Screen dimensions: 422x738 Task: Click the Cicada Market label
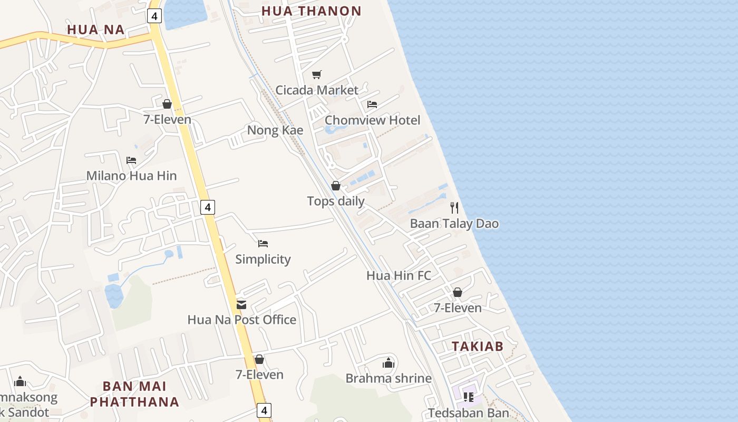pyautogui.click(x=317, y=90)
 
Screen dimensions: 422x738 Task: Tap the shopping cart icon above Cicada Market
pyautogui.click(x=316, y=74)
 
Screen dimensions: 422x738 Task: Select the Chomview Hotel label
pyautogui.click(x=372, y=120)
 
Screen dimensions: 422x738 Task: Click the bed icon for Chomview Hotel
pyautogui.click(x=372, y=104)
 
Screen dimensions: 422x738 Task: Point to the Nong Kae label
pyautogui.click(x=275, y=130)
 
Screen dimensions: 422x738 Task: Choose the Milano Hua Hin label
pyautogui.click(x=131, y=176)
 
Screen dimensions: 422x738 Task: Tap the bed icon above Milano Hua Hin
pyautogui.click(x=131, y=160)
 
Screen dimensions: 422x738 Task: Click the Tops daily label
pyautogui.click(x=336, y=201)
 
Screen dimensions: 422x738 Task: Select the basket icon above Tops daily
pyautogui.click(x=336, y=186)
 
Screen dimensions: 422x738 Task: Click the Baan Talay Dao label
pyautogui.click(x=454, y=224)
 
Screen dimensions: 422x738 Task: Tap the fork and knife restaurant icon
pyautogui.click(x=454, y=207)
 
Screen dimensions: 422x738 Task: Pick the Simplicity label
pyautogui.click(x=263, y=259)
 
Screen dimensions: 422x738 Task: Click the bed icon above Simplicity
pyautogui.click(x=263, y=244)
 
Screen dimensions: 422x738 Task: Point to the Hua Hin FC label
pyautogui.click(x=399, y=275)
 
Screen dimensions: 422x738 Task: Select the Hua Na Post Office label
pyautogui.click(x=242, y=320)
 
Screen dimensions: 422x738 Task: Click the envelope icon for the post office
pyautogui.click(x=241, y=304)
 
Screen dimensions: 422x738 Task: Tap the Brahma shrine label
pyautogui.click(x=389, y=378)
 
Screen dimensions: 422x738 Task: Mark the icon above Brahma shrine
pyautogui.click(x=389, y=363)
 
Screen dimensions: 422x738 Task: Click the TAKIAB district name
pyautogui.click(x=478, y=347)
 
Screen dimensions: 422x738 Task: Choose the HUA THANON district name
pyautogui.click(x=312, y=11)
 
